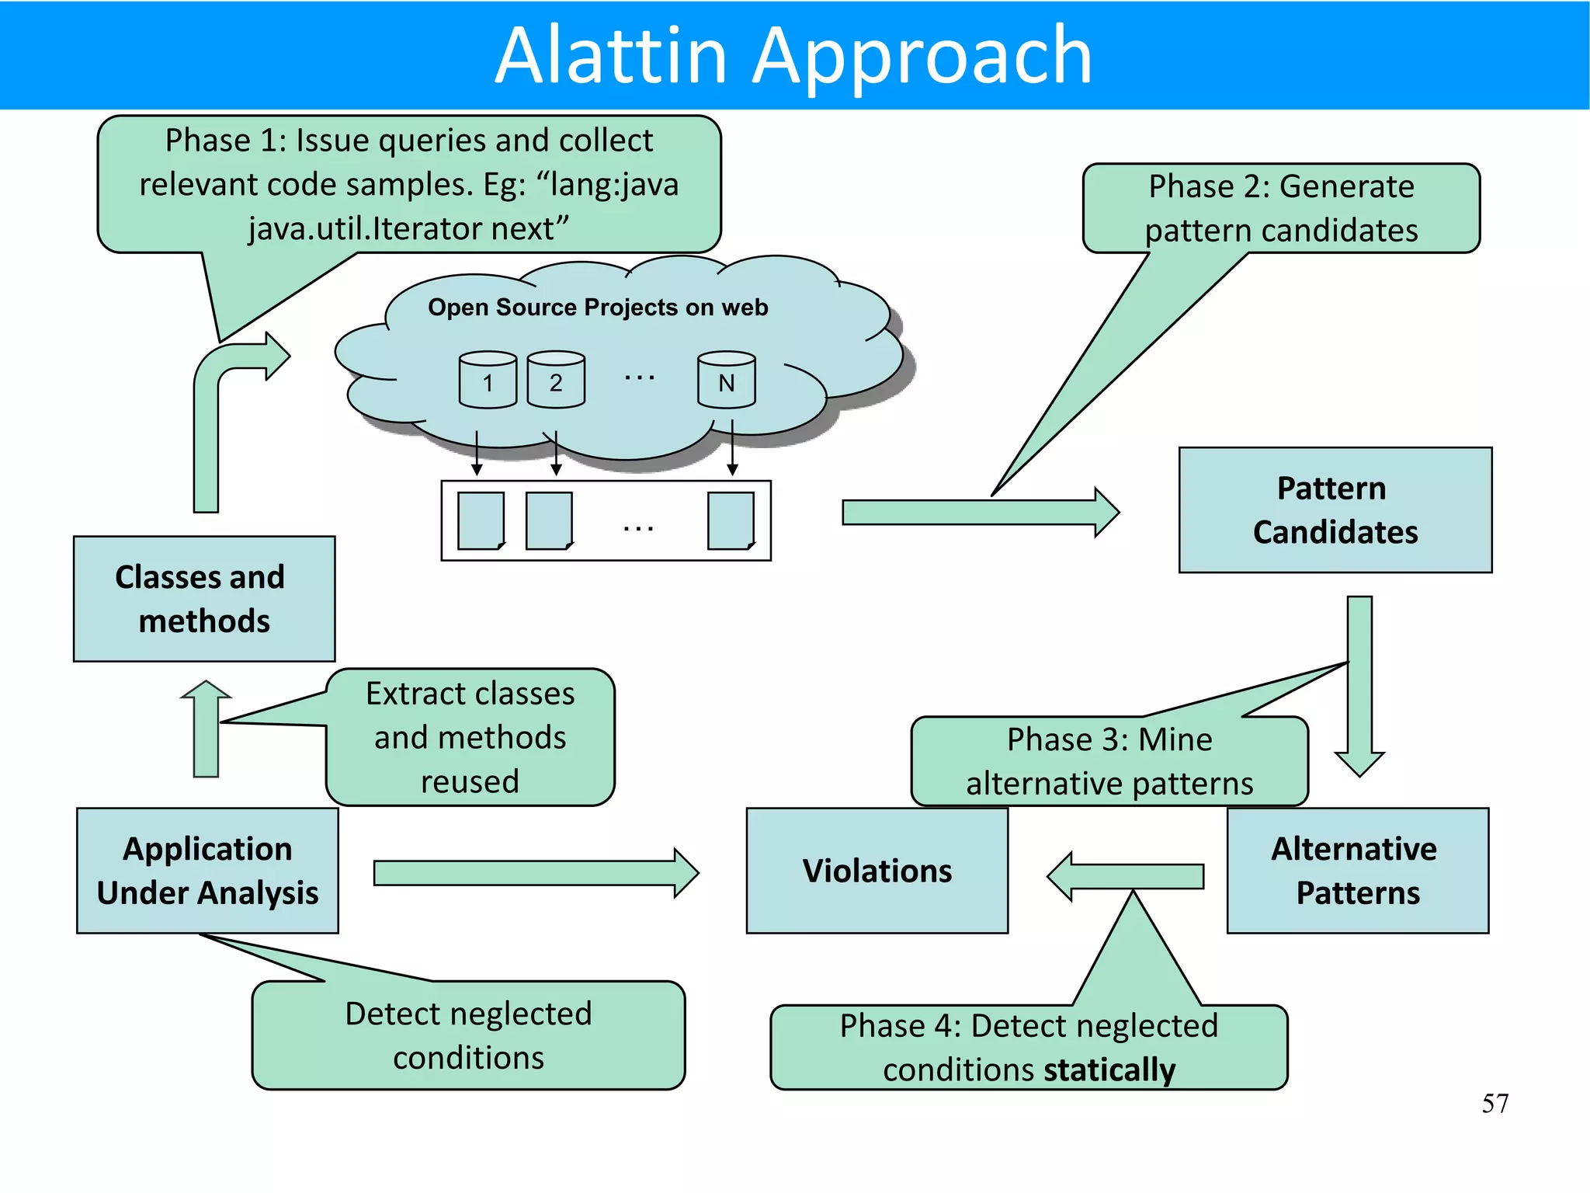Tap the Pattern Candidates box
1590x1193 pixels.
click(x=1335, y=510)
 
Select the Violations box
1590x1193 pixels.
click(x=877, y=871)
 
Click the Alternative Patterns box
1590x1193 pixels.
click(x=1357, y=871)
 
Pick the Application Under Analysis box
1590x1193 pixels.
click(x=207, y=871)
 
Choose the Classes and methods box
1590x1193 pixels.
click(x=203, y=599)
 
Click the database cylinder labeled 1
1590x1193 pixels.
click(x=488, y=381)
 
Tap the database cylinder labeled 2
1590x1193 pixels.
click(x=556, y=381)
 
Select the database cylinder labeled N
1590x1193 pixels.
click(x=726, y=381)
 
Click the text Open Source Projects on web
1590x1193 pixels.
click(x=598, y=308)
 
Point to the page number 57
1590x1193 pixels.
click(x=1495, y=1103)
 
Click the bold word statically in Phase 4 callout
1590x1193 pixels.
click(x=1109, y=1070)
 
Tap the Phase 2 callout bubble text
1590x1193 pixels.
click(x=1281, y=208)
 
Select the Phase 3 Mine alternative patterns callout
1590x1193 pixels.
click(x=1109, y=761)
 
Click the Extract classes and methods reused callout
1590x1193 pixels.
click(x=470, y=737)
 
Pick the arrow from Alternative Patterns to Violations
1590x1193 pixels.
click(x=1126, y=876)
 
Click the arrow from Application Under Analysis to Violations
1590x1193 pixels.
click(x=536, y=873)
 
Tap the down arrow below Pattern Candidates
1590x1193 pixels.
click(x=1359, y=683)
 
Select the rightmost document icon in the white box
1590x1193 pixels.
click(x=731, y=520)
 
